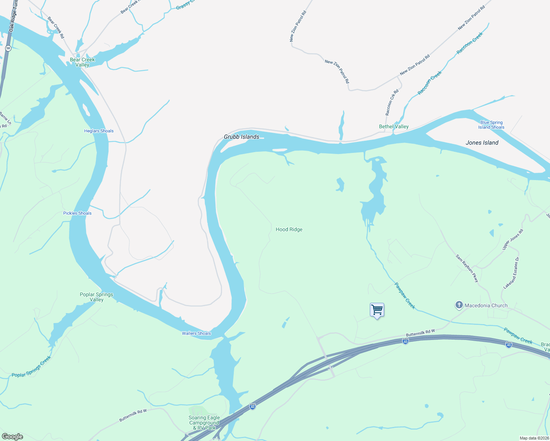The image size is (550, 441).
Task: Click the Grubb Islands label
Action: (x=242, y=137)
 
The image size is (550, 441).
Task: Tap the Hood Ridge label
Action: (x=289, y=229)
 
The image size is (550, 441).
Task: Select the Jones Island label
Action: (x=482, y=143)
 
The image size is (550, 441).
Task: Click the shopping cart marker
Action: (x=377, y=310)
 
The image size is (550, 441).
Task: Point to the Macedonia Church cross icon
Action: (x=459, y=305)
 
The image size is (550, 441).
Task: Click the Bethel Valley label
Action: (x=394, y=126)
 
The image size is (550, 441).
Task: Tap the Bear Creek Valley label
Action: (x=82, y=62)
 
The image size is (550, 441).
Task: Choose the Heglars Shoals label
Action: (x=99, y=131)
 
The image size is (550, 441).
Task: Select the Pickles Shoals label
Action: (x=77, y=213)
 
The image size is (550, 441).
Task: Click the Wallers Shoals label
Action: (x=196, y=333)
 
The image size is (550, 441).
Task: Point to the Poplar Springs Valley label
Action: (x=96, y=297)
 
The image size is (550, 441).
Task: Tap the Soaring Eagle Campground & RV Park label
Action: (x=204, y=423)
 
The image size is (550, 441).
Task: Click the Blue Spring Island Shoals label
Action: (x=491, y=125)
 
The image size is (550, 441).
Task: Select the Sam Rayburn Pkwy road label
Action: (x=467, y=268)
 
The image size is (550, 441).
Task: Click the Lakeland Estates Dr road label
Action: (x=511, y=273)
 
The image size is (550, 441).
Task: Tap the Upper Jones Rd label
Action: (x=512, y=240)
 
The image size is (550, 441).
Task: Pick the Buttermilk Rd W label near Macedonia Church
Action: (x=420, y=333)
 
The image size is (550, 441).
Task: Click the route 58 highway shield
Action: (x=8, y=48)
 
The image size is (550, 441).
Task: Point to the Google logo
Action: (x=12, y=437)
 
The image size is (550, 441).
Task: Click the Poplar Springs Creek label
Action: (x=31, y=367)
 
